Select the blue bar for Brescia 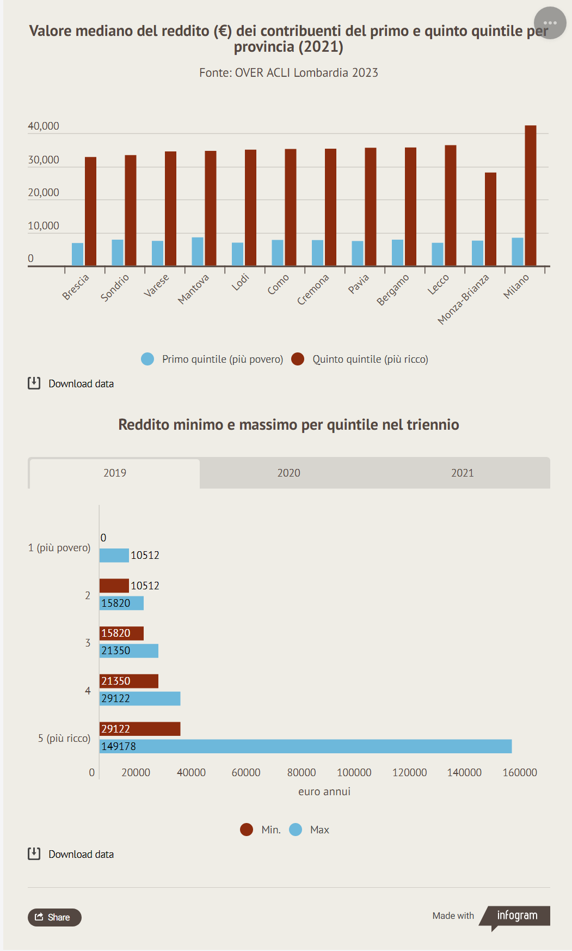pyautogui.click(x=78, y=254)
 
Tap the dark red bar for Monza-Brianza pyautogui.click(x=490, y=219)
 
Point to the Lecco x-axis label pyautogui.click(x=438, y=284)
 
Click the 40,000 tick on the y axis pyautogui.click(x=44, y=126)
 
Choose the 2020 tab pyautogui.click(x=288, y=473)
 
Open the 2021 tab pyautogui.click(x=462, y=473)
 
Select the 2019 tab pyautogui.click(x=115, y=473)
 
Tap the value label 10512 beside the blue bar pyautogui.click(x=145, y=555)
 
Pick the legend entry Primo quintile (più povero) pyautogui.click(x=212, y=359)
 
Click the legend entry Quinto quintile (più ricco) pyautogui.click(x=360, y=359)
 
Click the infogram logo pyautogui.click(x=516, y=916)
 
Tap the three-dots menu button pyautogui.click(x=550, y=23)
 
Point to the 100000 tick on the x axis pyautogui.click(x=354, y=772)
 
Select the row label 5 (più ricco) pyautogui.click(x=64, y=738)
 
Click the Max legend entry pyautogui.click(x=310, y=830)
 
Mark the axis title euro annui pyautogui.click(x=324, y=791)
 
